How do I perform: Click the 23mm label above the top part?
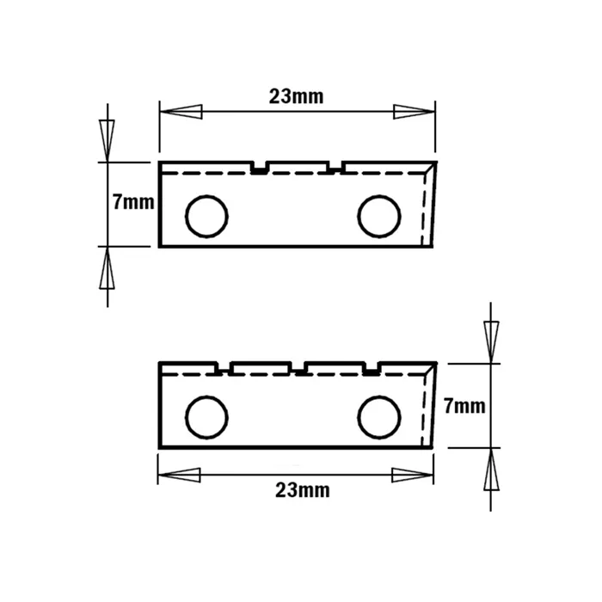point(296,96)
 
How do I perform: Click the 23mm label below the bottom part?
point(303,490)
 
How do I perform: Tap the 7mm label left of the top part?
point(133,202)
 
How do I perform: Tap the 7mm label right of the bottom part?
point(464,406)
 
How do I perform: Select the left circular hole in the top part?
point(206,216)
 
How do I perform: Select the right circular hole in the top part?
point(379,216)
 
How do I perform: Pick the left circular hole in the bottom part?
point(206,417)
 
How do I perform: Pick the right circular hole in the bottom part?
point(379,417)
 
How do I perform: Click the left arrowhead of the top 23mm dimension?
point(181,112)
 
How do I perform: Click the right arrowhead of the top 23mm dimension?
point(415,112)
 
